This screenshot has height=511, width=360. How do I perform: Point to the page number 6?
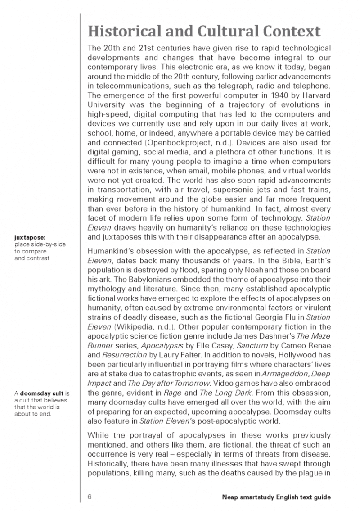coord(90,497)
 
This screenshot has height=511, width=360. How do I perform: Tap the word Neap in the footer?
coord(230,497)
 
